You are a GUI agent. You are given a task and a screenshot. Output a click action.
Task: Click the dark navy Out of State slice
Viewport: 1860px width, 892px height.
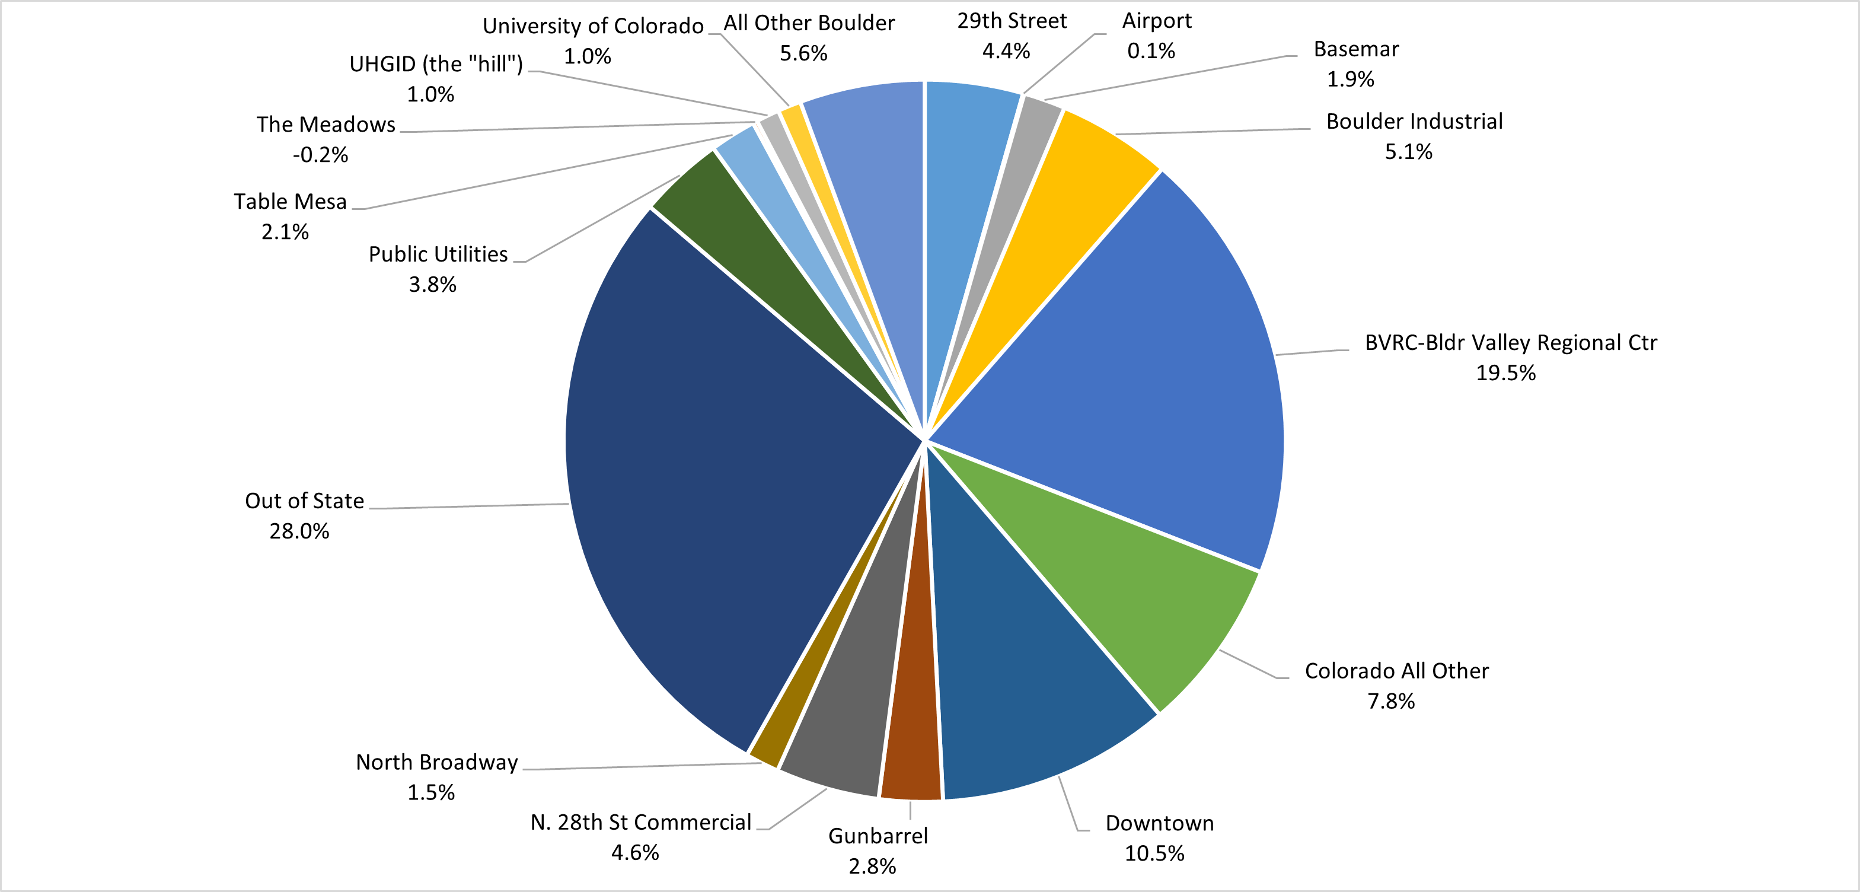pos(722,470)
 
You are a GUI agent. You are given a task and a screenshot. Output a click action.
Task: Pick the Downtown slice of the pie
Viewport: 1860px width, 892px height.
pos(1025,664)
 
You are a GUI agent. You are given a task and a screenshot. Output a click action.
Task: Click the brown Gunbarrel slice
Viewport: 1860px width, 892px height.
pos(911,722)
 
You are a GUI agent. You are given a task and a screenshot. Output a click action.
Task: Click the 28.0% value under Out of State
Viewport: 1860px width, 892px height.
pos(299,531)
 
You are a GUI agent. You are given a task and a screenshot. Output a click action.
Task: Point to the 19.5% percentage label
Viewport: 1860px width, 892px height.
pos(1505,372)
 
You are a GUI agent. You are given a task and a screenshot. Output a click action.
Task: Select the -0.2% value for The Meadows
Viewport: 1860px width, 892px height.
pos(320,155)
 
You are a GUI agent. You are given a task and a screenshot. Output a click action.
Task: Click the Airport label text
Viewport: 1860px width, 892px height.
pos(1157,21)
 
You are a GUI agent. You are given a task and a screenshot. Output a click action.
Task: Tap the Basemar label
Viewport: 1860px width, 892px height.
pos(1356,49)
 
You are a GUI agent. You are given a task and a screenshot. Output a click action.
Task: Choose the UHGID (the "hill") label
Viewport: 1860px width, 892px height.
pos(435,64)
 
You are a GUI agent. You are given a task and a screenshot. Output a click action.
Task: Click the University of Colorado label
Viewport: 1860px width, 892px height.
pos(593,26)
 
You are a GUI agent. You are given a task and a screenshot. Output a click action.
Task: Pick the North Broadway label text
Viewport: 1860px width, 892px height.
pos(437,763)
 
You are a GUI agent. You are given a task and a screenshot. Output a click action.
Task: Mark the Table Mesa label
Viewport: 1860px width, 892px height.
pos(291,202)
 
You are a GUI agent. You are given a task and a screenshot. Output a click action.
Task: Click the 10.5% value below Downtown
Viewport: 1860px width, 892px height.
pos(1154,853)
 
